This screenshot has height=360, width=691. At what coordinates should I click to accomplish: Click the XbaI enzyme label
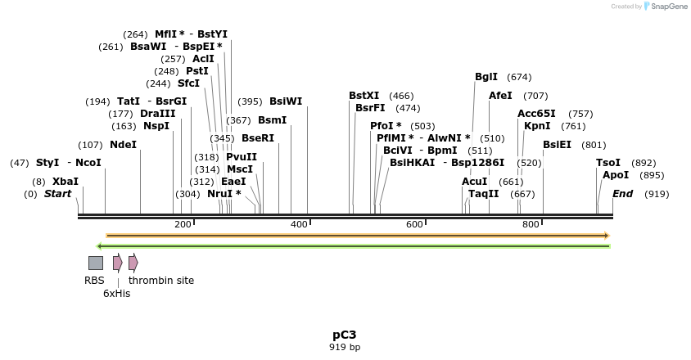pos(65,181)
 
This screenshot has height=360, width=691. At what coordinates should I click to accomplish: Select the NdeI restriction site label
pos(123,145)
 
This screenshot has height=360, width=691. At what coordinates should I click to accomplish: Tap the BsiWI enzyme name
pos(286,101)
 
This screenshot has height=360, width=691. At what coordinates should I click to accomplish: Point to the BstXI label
pos(364,96)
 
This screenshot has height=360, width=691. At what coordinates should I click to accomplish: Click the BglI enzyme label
pos(486,77)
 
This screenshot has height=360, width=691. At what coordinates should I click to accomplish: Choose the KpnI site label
pos(537,126)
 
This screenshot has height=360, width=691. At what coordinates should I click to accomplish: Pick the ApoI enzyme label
pos(616,175)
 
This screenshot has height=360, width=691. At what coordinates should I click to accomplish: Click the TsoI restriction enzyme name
pos(608,163)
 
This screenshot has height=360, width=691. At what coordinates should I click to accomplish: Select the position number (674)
pos(519,77)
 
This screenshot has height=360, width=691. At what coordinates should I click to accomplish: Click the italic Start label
pos(57,194)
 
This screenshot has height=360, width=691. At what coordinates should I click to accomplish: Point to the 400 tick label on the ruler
pos(299,224)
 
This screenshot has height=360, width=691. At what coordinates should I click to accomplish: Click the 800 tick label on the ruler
pos(531,224)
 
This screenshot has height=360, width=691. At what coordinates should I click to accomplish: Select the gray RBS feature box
pos(96,263)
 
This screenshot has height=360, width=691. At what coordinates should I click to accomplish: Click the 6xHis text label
pos(116,293)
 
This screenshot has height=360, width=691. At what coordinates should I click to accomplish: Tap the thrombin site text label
pos(161,280)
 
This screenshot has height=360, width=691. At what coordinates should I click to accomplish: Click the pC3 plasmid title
pos(344,335)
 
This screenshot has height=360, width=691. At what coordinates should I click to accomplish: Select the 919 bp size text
pos(344,347)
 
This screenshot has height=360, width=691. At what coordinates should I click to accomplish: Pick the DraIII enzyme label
pos(157,114)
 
